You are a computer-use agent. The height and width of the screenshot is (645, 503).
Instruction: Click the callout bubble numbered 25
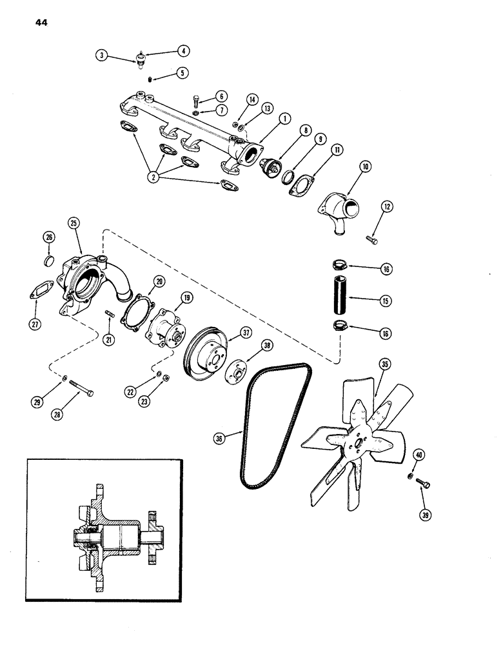coord(73,223)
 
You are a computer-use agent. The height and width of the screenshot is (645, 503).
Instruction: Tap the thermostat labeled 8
coord(271,168)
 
